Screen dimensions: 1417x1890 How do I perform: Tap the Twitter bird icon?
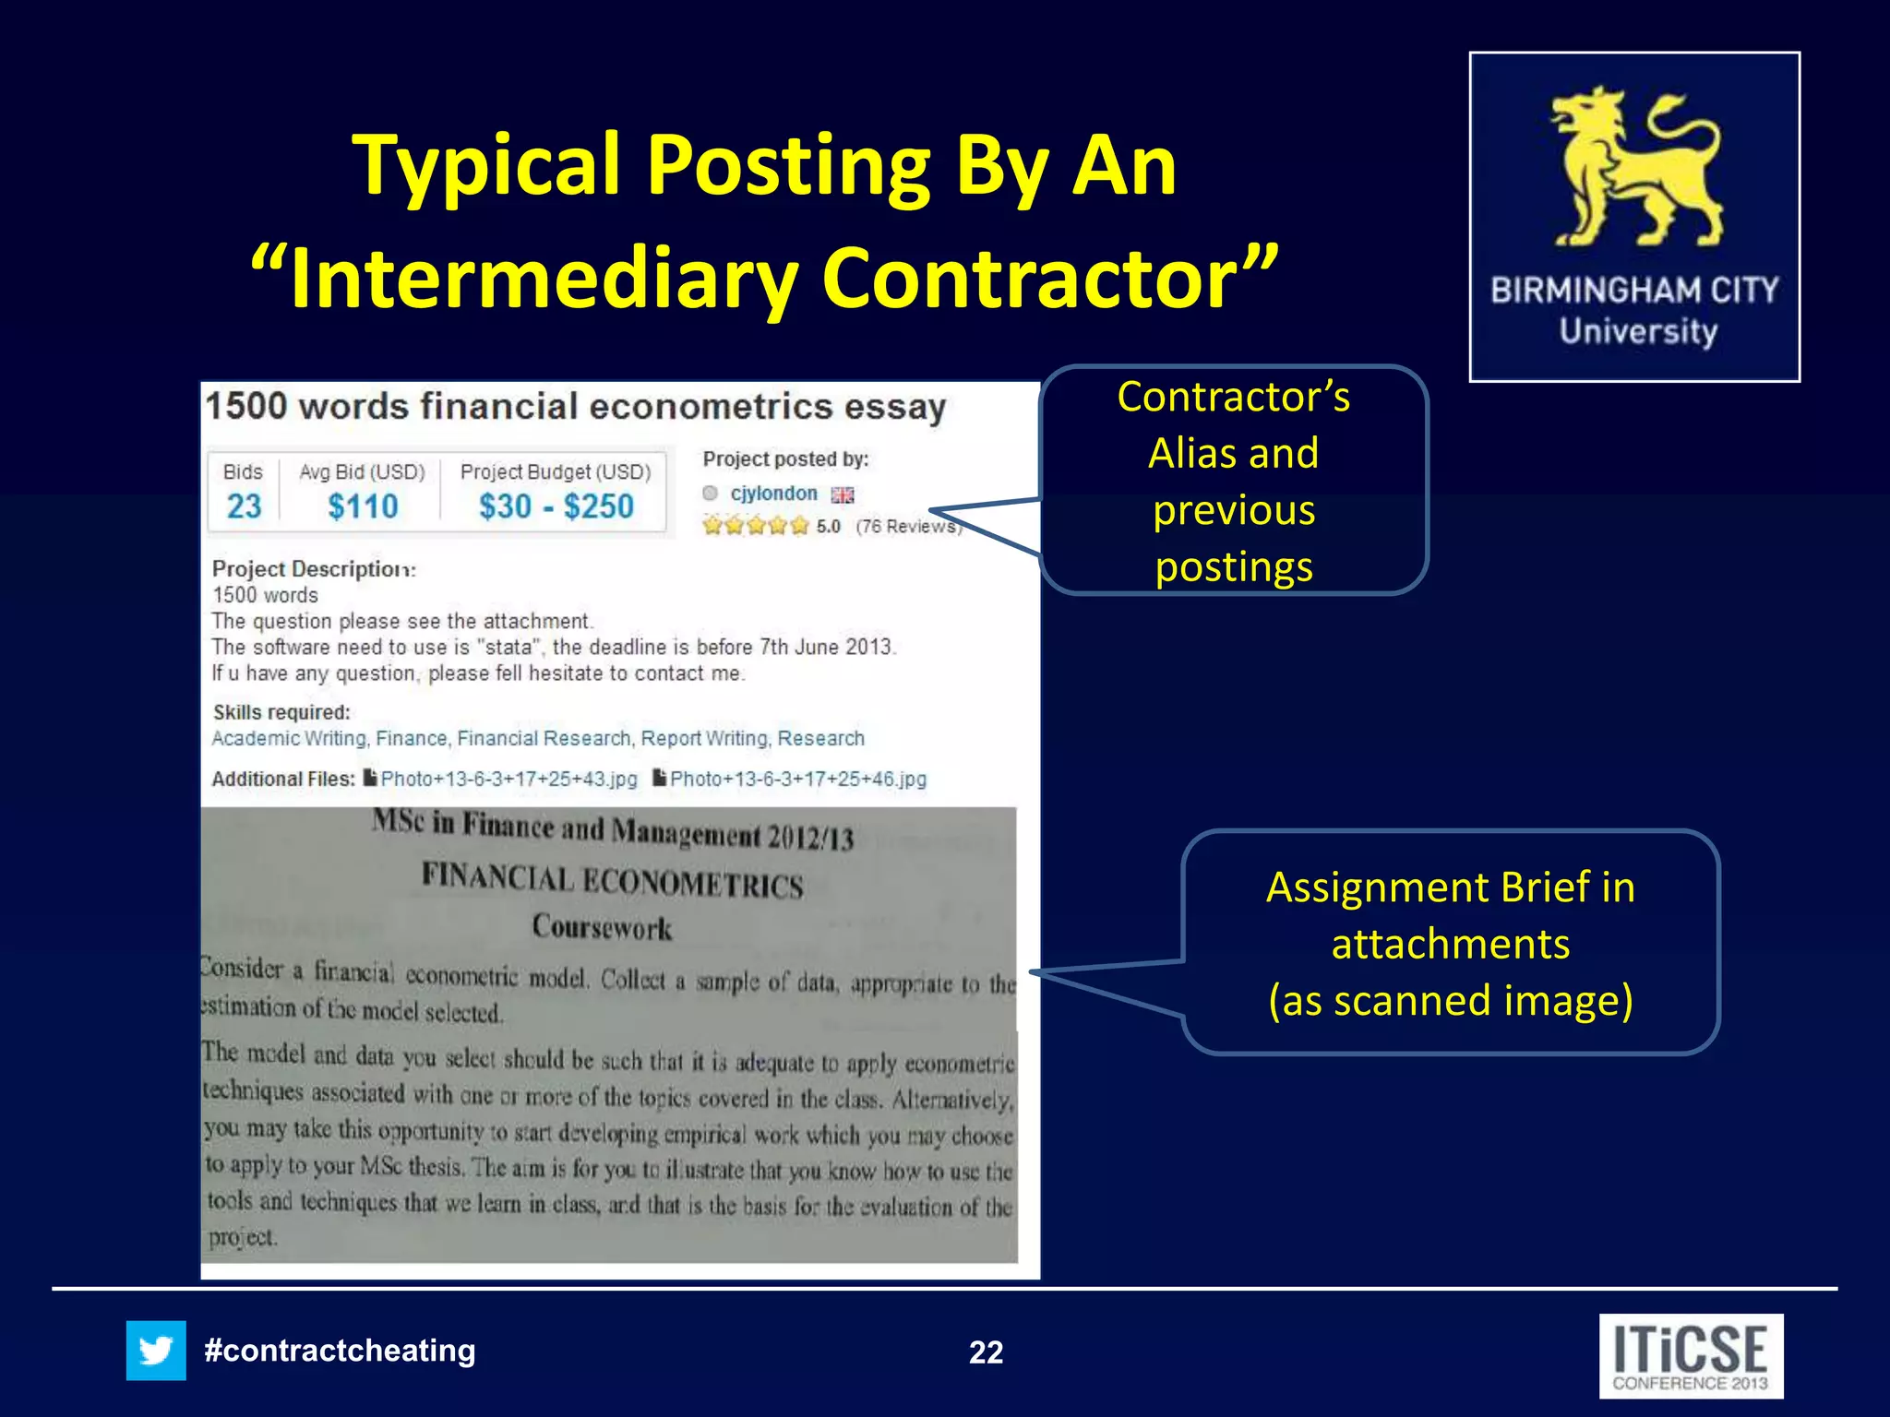[x=156, y=1351]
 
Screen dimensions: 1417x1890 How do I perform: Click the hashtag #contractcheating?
[x=340, y=1351]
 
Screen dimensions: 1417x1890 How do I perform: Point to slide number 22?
[x=986, y=1352]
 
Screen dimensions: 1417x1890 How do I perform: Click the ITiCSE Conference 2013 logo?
[x=1691, y=1356]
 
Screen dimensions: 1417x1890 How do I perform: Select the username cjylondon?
[x=773, y=494]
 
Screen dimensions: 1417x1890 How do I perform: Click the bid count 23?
[x=244, y=506]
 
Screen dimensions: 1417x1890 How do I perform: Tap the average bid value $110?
[x=363, y=506]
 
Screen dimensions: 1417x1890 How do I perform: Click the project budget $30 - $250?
[x=556, y=506]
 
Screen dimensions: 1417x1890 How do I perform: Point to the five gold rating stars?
[x=755, y=526]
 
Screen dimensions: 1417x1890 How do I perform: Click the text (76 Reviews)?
[x=908, y=526]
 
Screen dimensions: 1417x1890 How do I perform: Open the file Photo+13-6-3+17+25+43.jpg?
[x=508, y=779]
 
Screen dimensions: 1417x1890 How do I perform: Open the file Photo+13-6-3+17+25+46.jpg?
[x=797, y=779]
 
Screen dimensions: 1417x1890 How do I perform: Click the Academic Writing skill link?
[x=290, y=738]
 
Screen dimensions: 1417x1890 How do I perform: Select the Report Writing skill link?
[x=704, y=738]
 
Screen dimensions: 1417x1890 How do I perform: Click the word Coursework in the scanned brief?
[x=602, y=926]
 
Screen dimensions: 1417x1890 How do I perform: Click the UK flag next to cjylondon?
[x=843, y=495]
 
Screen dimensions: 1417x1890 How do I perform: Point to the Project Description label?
[x=314, y=568]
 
